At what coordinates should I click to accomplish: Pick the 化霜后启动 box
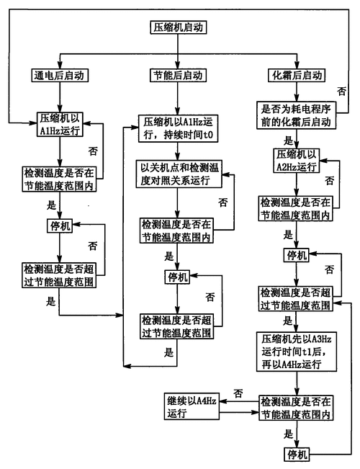(296, 74)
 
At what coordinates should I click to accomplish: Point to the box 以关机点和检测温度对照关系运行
(180, 174)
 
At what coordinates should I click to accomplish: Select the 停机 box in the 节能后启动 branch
(177, 277)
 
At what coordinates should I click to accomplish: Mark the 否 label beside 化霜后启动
(341, 91)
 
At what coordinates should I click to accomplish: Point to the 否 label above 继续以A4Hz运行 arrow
(238, 393)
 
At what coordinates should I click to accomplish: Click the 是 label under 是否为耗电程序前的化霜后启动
(288, 140)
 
